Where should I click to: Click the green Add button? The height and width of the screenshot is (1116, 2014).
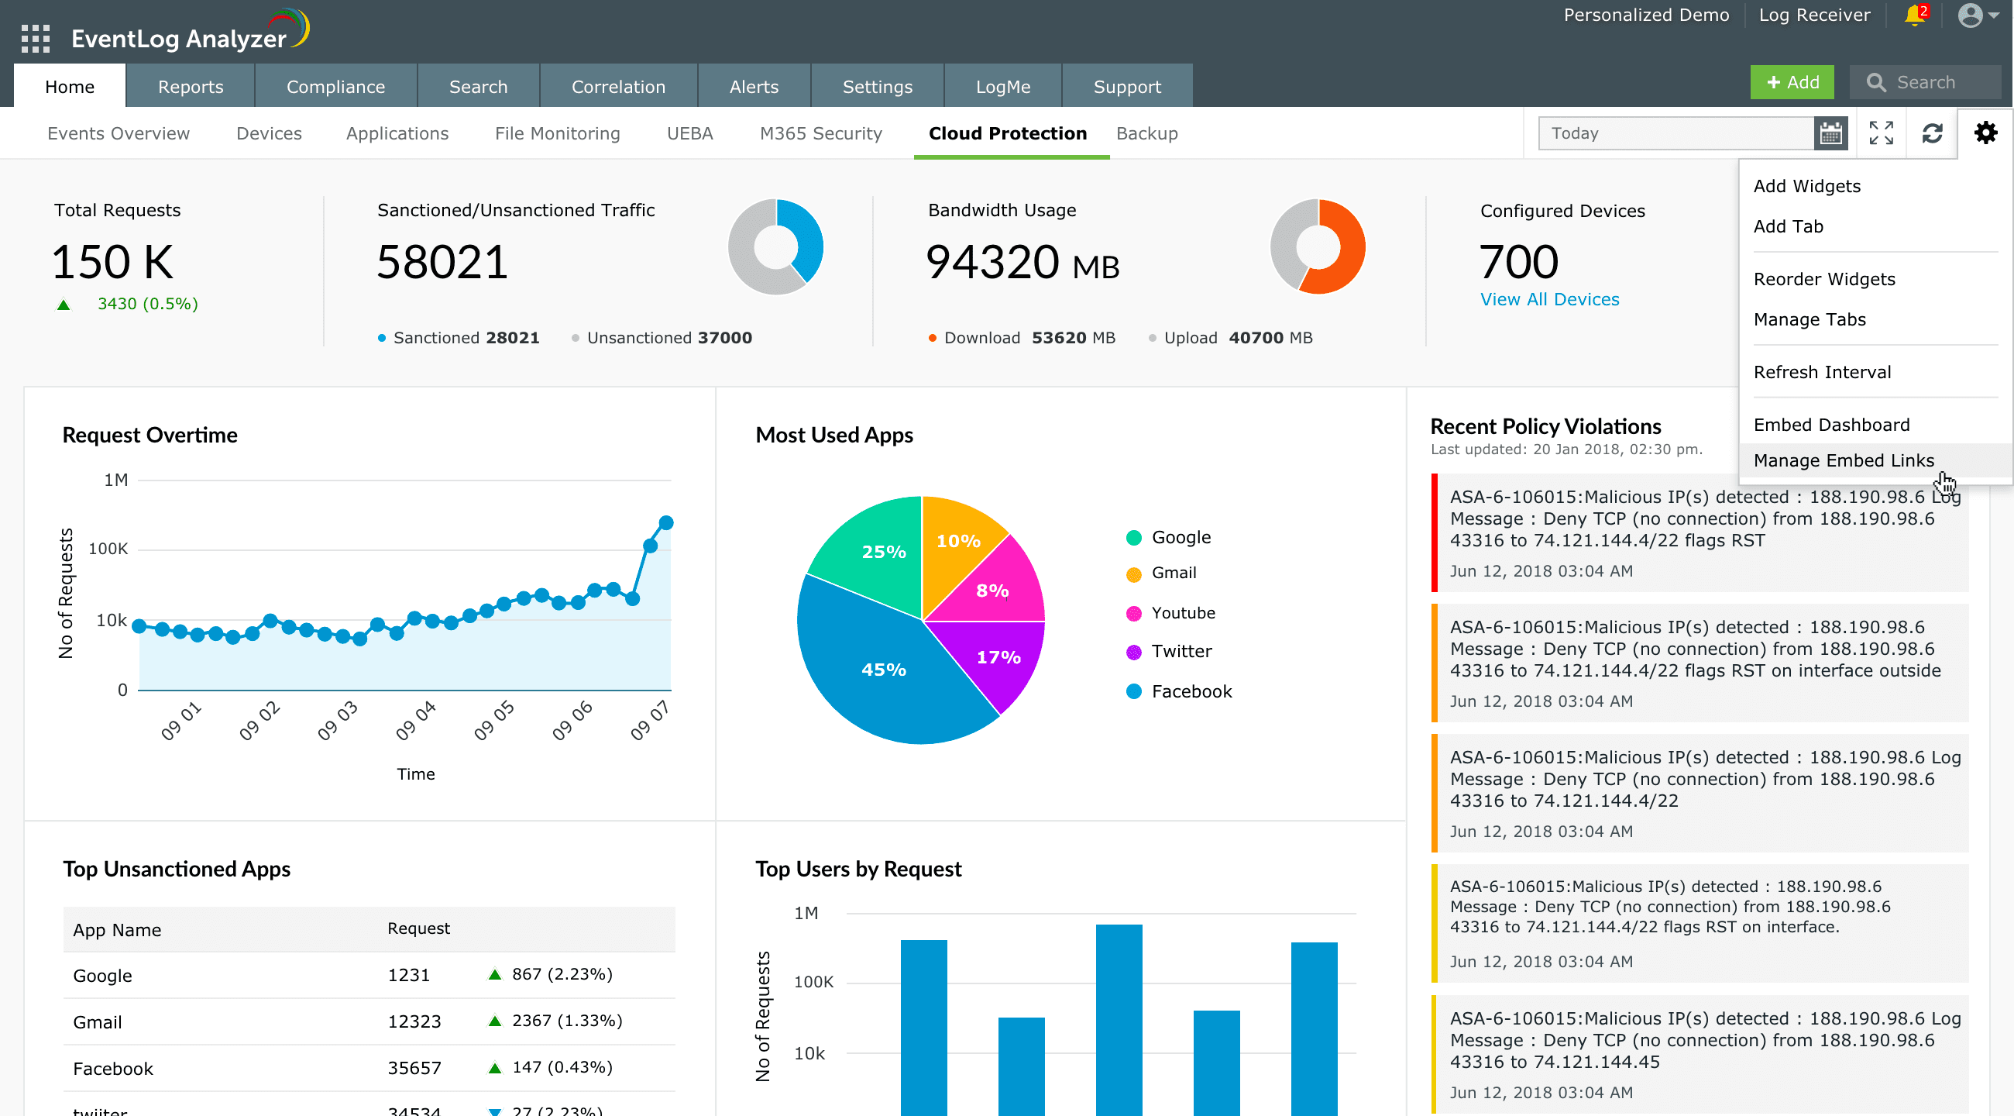coord(1791,83)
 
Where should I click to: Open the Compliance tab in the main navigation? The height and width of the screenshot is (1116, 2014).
coord(335,87)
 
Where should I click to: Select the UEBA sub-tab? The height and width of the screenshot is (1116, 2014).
coord(689,134)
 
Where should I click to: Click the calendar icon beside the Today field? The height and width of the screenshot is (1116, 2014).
coord(1830,134)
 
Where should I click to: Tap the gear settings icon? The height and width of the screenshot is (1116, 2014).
coord(1985,133)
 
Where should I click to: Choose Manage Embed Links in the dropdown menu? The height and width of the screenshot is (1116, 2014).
coord(1843,460)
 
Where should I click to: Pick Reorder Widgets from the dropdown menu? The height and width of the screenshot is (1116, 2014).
coord(1824,279)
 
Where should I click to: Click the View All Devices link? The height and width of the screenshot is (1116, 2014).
coord(1549,299)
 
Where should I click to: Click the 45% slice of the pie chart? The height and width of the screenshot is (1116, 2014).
coord(884,670)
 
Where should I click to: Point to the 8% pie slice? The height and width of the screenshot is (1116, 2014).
coord(993,591)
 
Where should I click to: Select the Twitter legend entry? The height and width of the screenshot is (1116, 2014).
coord(1181,652)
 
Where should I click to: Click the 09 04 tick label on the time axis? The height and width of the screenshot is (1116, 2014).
coord(416,720)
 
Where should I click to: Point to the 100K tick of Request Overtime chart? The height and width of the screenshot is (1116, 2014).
coord(108,549)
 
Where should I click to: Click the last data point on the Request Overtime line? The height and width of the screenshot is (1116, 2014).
coord(666,522)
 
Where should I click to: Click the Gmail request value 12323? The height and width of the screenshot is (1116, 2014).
coord(414,1021)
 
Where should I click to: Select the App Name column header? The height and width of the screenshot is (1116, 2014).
coord(117,930)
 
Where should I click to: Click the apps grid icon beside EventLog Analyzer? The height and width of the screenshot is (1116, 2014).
coord(35,38)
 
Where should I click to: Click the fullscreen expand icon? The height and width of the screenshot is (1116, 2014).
coord(1881,133)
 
